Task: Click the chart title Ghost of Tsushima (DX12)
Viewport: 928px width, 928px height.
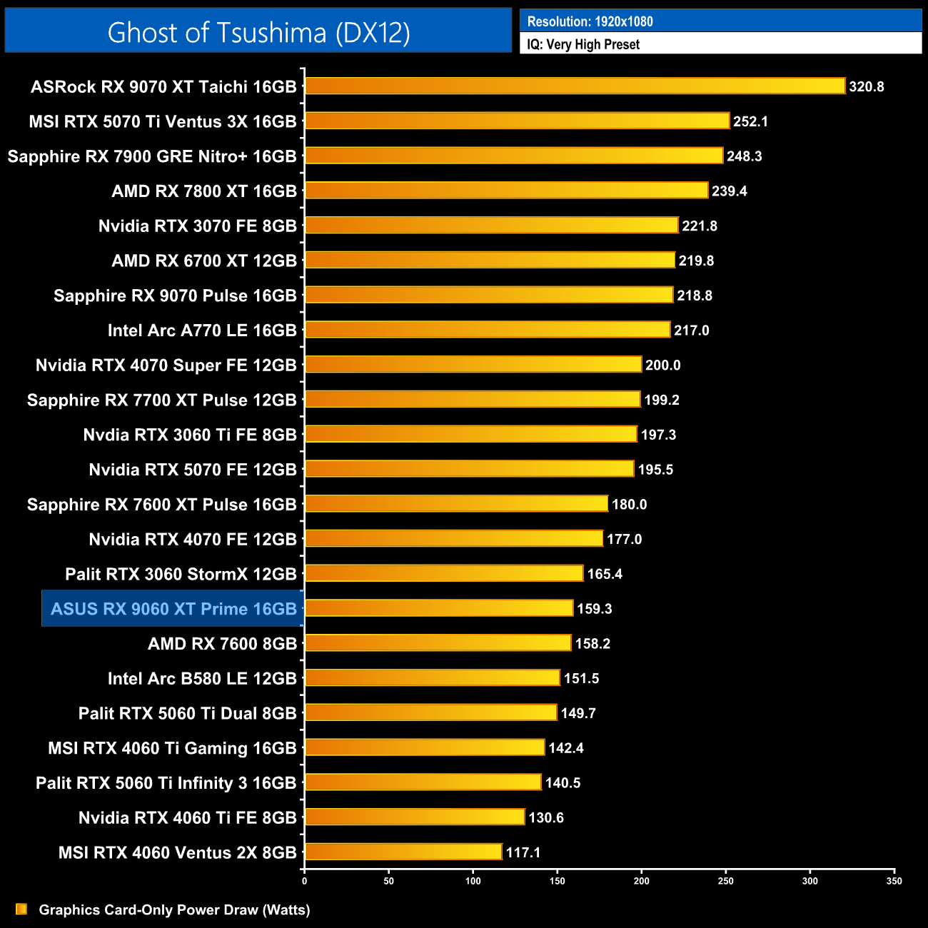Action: pyautogui.click(x=258, y=32)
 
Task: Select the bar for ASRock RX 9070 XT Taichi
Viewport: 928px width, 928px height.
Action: pyautogui.click(x=575, y=86)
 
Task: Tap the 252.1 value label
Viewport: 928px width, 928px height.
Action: pyautogui.click(x=750, y=121)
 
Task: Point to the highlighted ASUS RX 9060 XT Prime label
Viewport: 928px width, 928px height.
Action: pyautogui.click(x=173, y=609)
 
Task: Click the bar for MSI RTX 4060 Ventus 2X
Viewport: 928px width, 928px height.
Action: pyautogui.click(x=403, y=852)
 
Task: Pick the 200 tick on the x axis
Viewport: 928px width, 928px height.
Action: pyautogui.click(x=641, y=881)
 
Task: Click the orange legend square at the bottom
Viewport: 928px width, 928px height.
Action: pyautogui.click(x=21, y=909)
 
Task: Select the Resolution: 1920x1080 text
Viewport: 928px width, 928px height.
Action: pyautogui.click(x=590, y=21)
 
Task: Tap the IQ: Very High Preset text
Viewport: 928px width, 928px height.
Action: pyautogui.click(x=583, y=44)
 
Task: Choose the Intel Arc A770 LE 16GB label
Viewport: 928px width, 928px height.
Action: pyautogui.click(x=202, y=331)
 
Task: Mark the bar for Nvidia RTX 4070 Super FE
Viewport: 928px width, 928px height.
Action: pyautogui.click(x=473, y=365)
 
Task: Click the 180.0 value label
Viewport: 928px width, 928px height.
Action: pyautogui.click(x=629, y=505)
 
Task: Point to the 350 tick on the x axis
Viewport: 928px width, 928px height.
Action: pyautogui.click(x=894, y=881)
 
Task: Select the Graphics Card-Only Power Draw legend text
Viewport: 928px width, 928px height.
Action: pyautogui.click(x=174, y=909)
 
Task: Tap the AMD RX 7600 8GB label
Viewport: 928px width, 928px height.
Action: pyautogui.click(x=222, y=644)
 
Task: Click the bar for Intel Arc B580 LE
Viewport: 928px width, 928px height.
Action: pyautogui.click(x=432, y=678)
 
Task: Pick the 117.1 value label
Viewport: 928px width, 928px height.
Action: pyautogui.click(x=523, y=852)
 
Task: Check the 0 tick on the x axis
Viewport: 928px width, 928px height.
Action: pyautogui.click(x=305, y=881)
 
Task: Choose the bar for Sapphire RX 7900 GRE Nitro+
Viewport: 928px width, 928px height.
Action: pyautogui.click(x=514, y=156)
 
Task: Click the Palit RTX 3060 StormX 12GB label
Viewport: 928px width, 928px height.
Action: pyautogui.click(x=181, y=574)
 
